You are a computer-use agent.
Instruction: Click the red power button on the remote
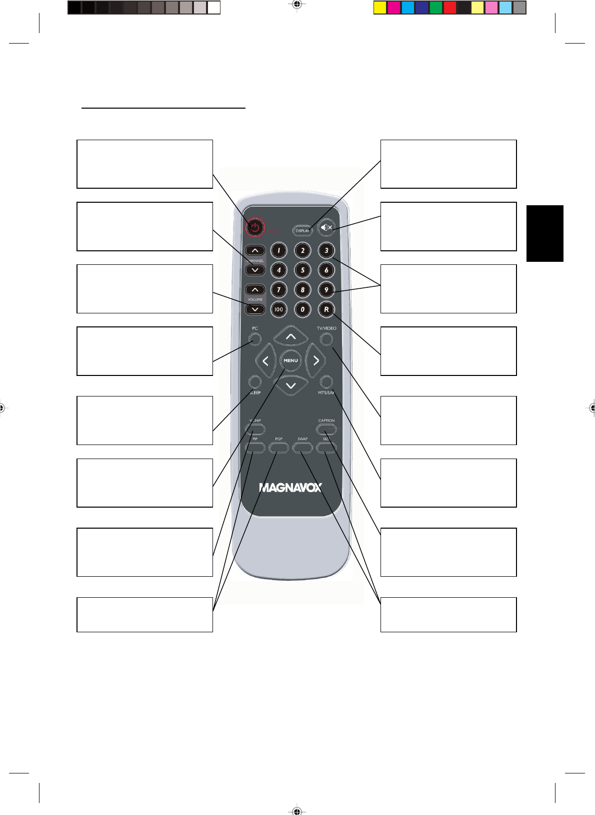[255, 228]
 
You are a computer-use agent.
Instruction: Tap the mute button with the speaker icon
[326, 228]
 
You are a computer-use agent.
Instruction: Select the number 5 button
[302, 270]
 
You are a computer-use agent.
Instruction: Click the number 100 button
[278, 309]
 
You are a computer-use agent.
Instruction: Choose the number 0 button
[302, 309]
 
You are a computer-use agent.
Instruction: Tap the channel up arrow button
[255, 250]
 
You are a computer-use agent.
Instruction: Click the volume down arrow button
[255, 309]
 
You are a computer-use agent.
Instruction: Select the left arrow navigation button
[265, 360]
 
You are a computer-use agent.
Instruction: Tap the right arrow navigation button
[316, 360]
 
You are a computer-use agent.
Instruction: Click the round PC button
[255, 339]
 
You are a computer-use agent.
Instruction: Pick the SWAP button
[302, 447]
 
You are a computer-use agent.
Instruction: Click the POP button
[278, 447]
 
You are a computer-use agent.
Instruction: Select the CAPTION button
[326, 429]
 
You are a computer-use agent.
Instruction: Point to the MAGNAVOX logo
[290, 488]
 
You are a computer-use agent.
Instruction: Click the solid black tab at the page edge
[544, 233]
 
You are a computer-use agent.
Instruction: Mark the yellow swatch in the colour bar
[380, 8]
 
